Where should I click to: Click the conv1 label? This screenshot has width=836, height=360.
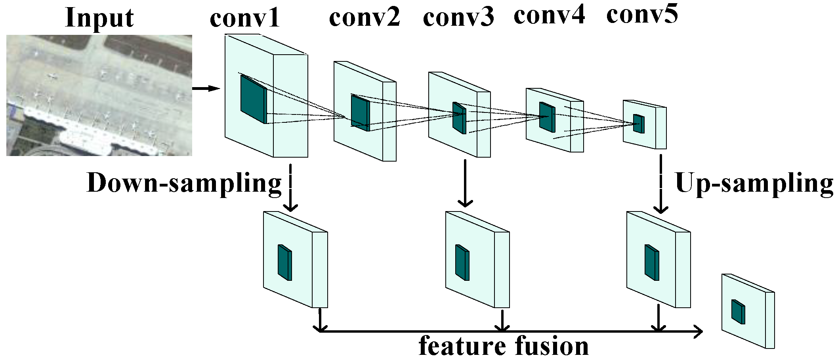(244, 18)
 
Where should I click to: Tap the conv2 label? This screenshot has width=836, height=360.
(364, 18)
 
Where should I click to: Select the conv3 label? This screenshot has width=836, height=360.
(458, 18)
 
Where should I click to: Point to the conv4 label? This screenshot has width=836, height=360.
(549, 15)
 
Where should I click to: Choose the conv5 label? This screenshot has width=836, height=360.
(642, 15)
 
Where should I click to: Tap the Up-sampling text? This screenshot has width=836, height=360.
(754, 183)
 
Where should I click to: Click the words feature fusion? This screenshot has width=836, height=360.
(504, 346)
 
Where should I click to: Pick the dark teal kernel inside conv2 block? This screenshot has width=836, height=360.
(360, 113)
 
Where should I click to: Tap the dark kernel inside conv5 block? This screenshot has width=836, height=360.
(638, 124)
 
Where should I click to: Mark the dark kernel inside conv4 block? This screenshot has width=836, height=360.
(547, 117)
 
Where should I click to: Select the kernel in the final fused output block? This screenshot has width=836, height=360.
(738, 312)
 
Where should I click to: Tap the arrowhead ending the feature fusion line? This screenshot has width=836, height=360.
(698, 331)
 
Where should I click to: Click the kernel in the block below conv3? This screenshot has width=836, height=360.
(462, 263)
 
